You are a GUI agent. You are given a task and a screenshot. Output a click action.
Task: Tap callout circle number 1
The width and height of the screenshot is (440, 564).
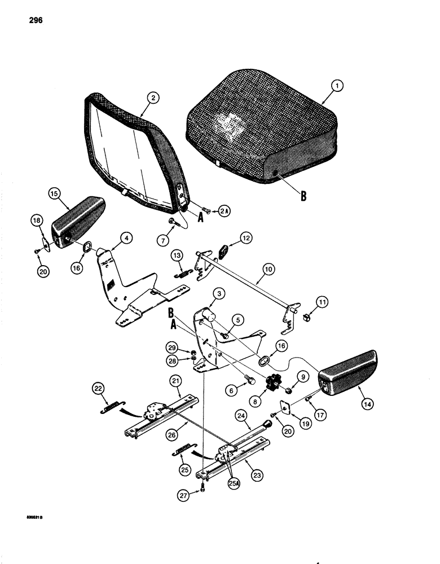pos(337,86)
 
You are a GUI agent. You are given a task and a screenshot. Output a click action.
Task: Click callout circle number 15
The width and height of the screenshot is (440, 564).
pos(54,193)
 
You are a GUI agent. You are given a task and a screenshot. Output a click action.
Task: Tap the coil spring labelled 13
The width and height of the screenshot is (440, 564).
pos(182,274)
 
